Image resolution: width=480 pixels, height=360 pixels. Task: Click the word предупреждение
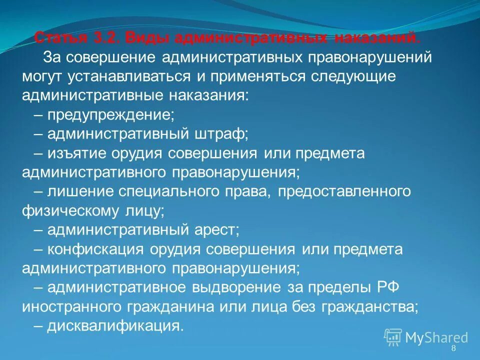(110, 114)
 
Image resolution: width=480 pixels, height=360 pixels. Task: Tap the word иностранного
(68, 306)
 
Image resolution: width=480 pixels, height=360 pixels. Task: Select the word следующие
(353, 76)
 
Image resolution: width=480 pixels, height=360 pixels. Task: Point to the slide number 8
(453, 348)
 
